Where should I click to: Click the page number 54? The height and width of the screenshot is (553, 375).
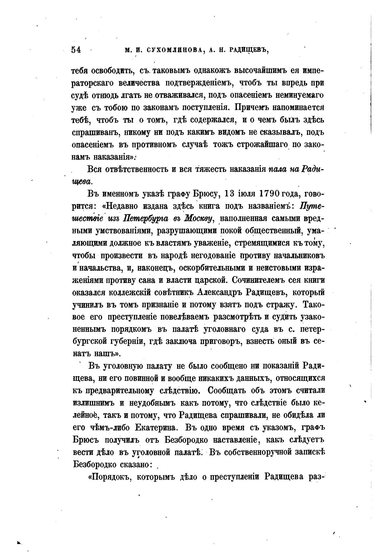point(76,50)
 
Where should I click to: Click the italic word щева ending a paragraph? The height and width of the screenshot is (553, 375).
point(82,181)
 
